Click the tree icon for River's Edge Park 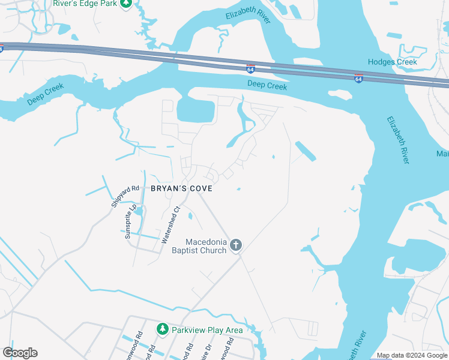125,3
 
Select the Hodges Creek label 392,62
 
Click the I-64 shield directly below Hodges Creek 358,79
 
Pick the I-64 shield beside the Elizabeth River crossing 251,69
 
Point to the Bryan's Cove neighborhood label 182,188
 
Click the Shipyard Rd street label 125,196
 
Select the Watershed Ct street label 170,226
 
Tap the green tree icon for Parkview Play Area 162,329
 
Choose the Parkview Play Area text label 207,330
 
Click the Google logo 20,353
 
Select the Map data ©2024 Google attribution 411,355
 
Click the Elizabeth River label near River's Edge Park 249,16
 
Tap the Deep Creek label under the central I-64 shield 267,86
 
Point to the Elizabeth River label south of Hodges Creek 399,140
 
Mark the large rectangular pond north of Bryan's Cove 196,110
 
